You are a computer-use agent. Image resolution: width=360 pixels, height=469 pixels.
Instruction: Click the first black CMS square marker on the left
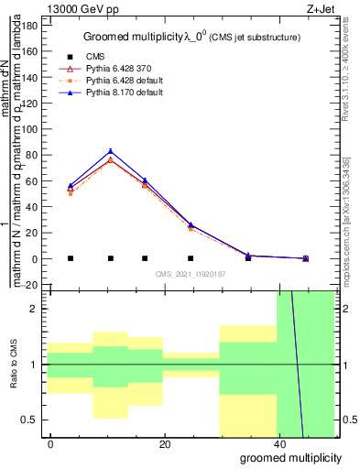tap(71, 258)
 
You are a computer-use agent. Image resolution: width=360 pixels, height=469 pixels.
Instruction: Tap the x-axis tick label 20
tap(163, 444)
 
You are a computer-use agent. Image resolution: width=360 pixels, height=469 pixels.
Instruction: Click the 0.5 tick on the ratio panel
tap(34, 420)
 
